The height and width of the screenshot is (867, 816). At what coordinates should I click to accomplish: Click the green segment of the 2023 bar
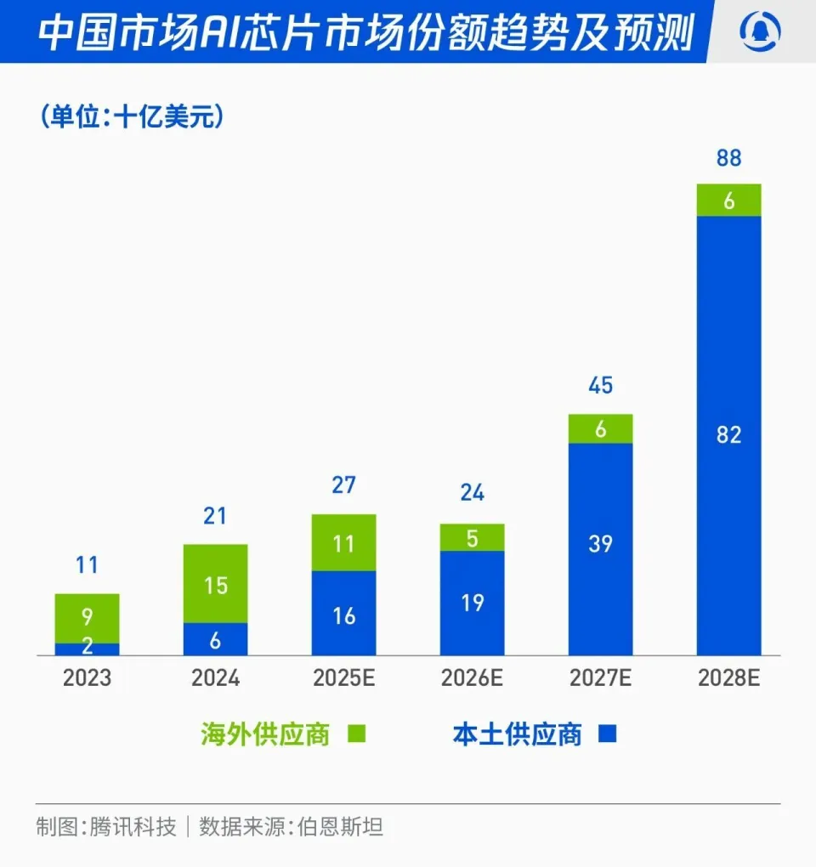[x=88, y=618]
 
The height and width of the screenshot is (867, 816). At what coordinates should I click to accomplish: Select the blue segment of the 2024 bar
[x=216, y=639]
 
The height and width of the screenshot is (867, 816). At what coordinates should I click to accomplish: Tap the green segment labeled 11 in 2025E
[x=344, y=542]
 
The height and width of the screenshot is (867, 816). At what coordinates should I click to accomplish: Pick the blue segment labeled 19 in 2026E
[x=473, y=603]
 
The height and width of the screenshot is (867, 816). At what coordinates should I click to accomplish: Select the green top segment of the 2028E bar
[x=729, y=200]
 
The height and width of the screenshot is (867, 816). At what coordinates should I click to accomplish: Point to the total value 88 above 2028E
[x=729, y=158]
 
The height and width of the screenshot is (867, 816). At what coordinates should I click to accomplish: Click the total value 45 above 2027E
[x=601, y=387]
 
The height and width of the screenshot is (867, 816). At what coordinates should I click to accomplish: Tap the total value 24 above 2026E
[x=473, y=493]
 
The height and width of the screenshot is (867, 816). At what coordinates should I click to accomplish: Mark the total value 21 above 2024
[x=216, y=515]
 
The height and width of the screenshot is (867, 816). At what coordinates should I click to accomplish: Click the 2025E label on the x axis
[x=344, y=679]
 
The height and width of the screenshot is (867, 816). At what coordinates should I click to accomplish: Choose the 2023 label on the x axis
[x=88, y=679]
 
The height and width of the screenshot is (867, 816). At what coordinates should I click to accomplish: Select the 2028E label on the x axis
[x=729, y=679]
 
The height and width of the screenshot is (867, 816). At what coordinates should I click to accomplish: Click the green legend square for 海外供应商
[x=357, y=734]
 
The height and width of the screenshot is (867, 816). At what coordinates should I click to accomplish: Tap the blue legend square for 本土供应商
[x=607, y=734]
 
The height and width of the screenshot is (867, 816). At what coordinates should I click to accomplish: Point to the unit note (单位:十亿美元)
[x=132, y=116]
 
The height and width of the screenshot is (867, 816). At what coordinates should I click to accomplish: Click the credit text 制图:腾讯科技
[x=106, y=826]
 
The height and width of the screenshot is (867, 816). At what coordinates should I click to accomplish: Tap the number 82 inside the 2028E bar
[x=729, y=435]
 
